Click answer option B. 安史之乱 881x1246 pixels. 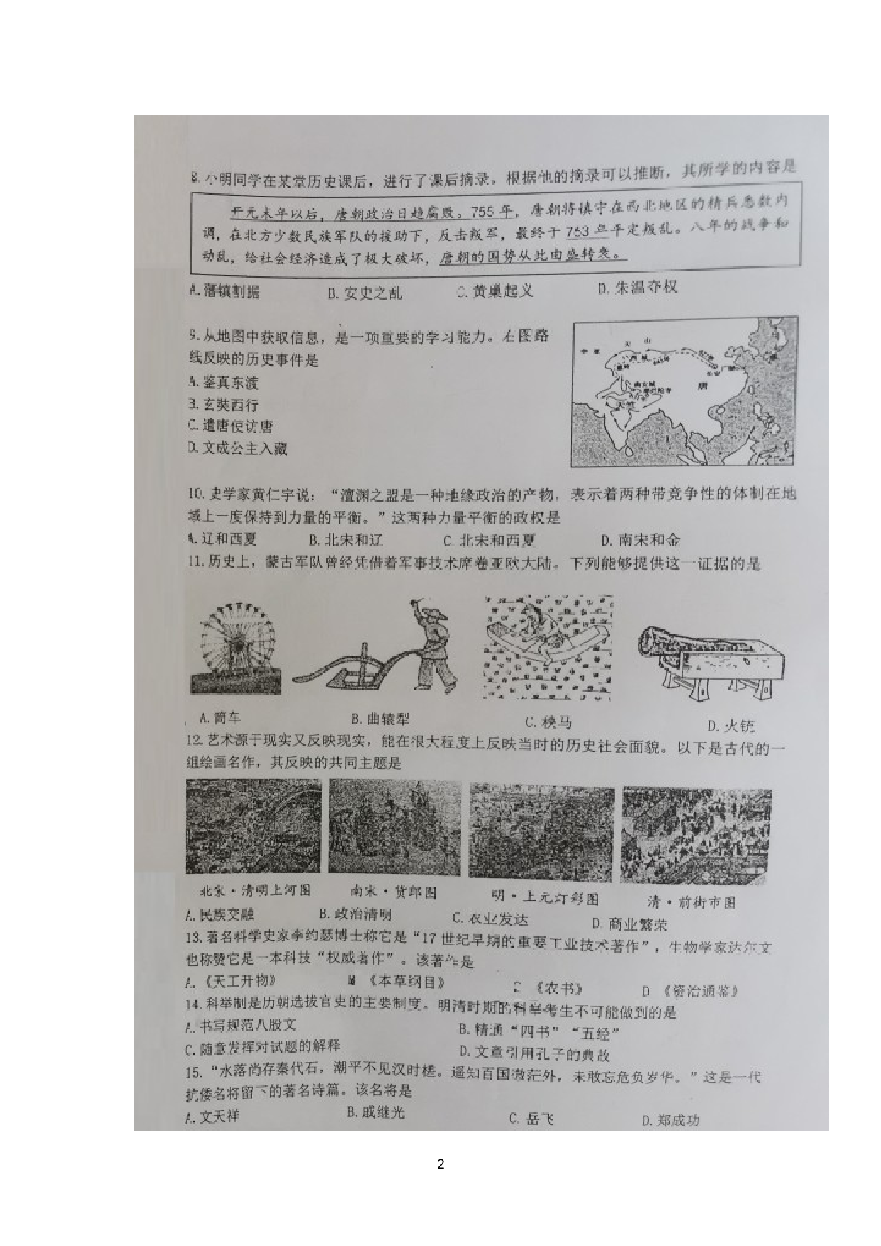364,293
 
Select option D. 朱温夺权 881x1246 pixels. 637,288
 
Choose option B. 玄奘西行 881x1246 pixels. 223,405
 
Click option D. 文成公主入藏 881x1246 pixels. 237,448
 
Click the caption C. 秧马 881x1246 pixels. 548,723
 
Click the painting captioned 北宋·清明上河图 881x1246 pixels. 253,826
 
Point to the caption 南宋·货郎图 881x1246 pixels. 392,892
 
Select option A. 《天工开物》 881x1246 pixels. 230,982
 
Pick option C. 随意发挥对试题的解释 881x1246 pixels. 262,1048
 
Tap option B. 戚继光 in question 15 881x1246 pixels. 375,1112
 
